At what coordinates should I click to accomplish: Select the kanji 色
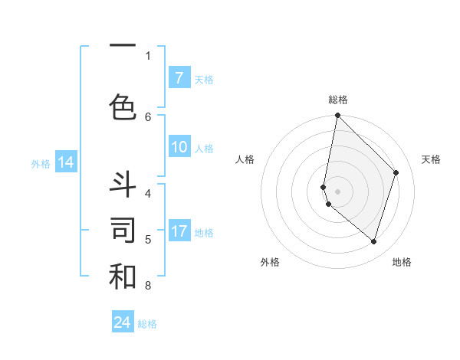click(123, 106)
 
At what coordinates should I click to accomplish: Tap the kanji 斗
click(123, 185)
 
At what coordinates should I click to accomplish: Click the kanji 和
click(123, 277)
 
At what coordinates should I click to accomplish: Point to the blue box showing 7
click(179, 78)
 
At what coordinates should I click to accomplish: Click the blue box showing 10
click(179, 148)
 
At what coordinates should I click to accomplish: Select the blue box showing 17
click(179, 231)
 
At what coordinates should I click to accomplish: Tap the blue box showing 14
click(65, 162)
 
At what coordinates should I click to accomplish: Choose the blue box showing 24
click(123, 323)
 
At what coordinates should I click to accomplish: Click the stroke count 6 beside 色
click(148, 116)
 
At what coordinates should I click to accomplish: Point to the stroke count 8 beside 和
click(148, 286)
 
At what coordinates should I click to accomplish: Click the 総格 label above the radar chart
click(338, 100)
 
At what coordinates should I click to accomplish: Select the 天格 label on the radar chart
click(432, 159)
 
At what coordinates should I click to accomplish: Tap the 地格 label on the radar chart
click(402, 262)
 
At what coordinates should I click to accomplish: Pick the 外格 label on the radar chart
click(270, 262)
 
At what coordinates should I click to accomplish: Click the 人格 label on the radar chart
click(245, 159)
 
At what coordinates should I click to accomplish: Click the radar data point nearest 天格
click(396, 172)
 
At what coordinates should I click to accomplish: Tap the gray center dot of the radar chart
click(338, 191)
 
